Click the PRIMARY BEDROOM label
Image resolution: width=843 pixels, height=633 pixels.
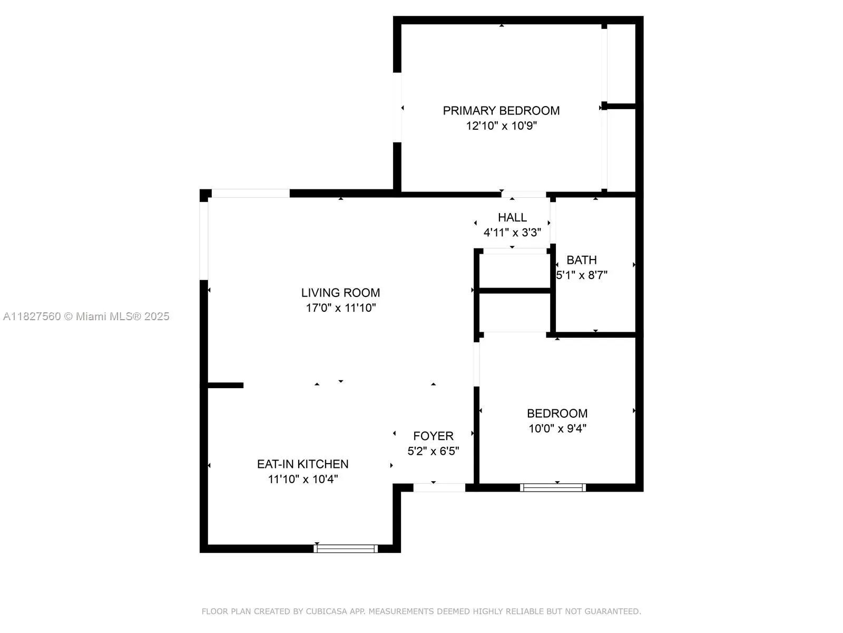click(501, 111)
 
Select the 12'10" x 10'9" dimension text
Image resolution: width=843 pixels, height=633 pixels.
click(501, 126)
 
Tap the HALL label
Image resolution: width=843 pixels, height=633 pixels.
click(512, 217)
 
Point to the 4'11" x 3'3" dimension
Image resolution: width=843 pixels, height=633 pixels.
click(512, 233)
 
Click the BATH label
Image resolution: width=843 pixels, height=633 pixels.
click(582, 260)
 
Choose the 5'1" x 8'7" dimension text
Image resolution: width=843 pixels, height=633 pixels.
click(582, 275)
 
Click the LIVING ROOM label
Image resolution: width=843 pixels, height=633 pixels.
click(340, 293)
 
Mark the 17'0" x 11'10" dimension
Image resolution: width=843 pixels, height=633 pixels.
click(340, 308)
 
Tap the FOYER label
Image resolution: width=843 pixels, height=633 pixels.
click(433, 436)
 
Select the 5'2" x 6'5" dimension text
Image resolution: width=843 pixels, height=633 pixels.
click(433, 452)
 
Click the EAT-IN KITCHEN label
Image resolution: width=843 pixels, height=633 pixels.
click(302, 464)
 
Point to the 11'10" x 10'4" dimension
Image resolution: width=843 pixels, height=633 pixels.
click(302, 479)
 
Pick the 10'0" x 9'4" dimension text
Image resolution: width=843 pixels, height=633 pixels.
click(557, 429)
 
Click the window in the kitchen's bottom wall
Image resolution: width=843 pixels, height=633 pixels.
click(346, 549)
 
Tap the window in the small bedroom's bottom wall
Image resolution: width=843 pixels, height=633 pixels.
click(553, 487)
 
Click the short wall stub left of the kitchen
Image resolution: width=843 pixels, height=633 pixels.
click(226, 385)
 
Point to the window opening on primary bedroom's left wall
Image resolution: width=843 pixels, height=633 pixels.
click(397, 107)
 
